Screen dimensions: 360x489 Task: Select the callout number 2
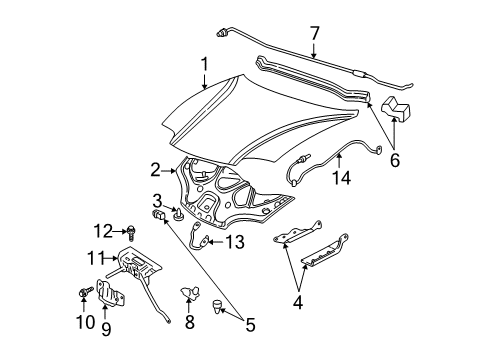point(156,169)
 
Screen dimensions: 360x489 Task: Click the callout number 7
point(315,34)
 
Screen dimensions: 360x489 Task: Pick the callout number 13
point(234,241)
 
